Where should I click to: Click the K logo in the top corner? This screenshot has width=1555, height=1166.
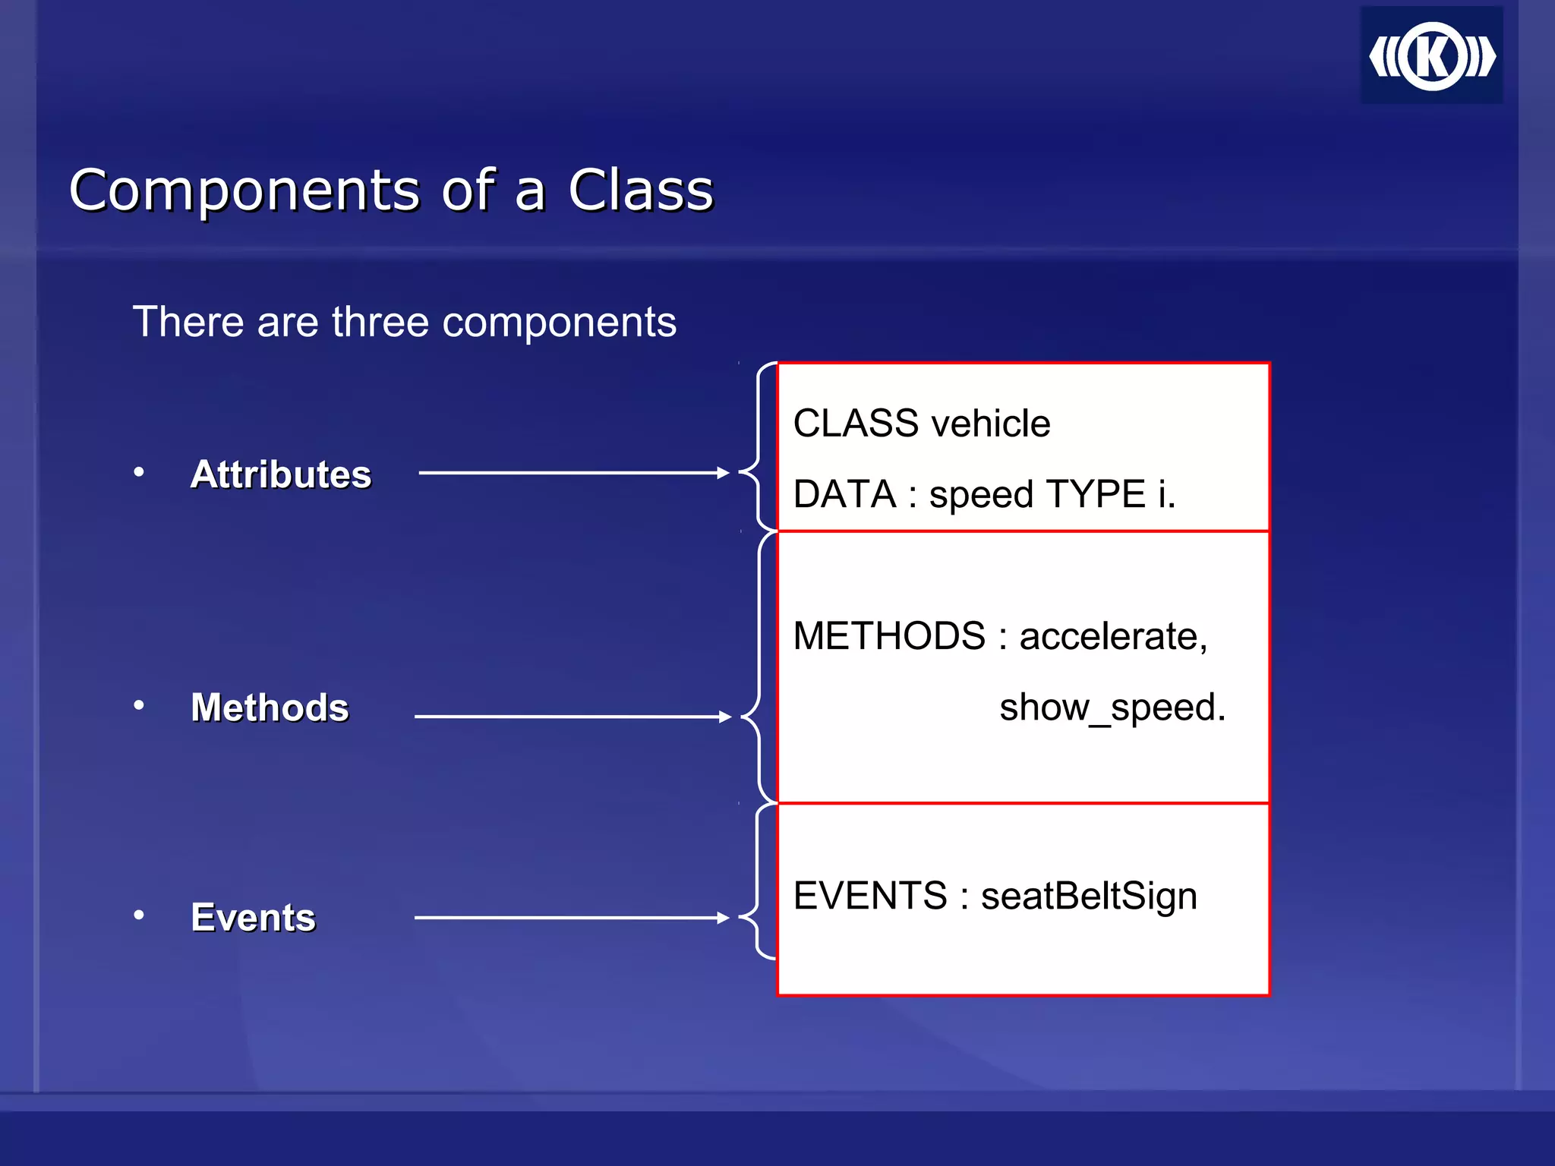1432,56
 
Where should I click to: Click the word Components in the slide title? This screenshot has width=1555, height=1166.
244,190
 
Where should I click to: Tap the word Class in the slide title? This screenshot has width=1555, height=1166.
641,190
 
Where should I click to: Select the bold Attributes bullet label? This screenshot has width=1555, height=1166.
281,474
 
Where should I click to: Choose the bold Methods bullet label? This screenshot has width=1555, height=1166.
270,707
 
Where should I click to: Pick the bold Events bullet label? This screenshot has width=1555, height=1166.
253,917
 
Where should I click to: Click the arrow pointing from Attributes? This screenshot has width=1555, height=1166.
573,473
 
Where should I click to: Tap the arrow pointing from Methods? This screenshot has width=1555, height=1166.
572,717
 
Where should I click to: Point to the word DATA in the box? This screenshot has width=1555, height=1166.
844,495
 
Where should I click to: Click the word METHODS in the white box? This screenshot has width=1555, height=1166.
889,636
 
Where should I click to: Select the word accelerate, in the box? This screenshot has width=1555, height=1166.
1112,636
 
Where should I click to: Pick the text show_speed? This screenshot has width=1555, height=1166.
1112,707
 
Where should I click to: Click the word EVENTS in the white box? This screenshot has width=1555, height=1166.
870,896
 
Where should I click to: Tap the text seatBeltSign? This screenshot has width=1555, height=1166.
1089,896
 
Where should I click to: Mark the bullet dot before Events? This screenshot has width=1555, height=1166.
139,915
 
